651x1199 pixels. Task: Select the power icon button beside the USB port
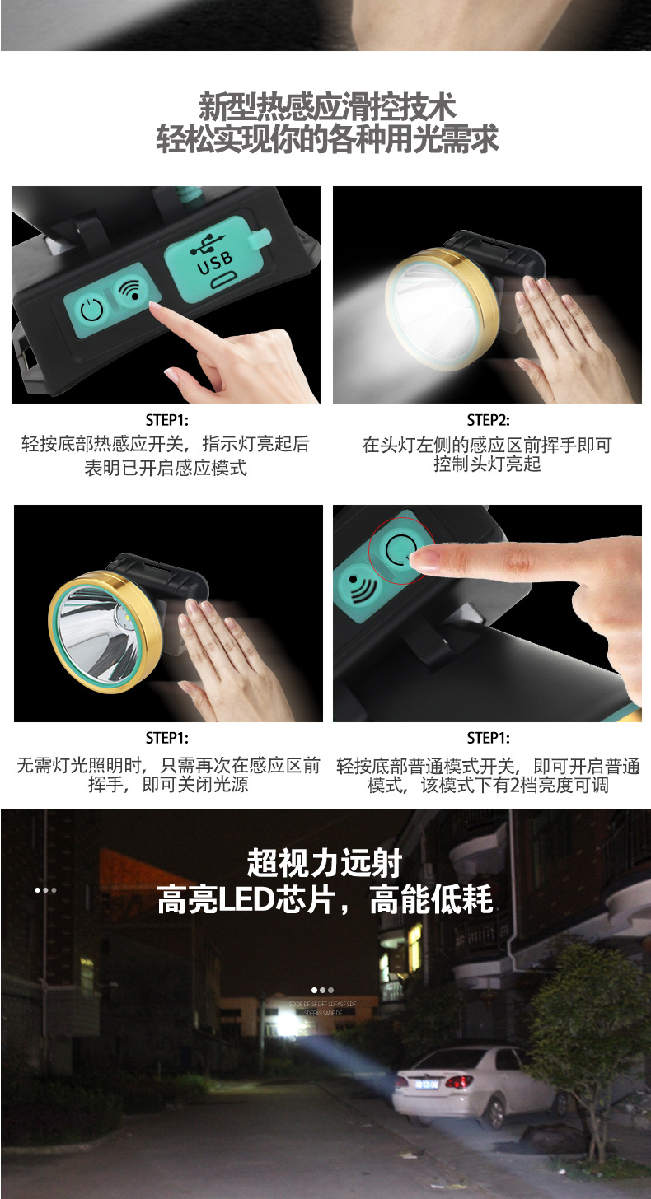92,310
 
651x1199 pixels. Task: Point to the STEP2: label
488,420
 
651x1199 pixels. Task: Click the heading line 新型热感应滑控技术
327,107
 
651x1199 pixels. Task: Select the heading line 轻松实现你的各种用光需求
327,139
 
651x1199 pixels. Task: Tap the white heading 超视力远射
325,864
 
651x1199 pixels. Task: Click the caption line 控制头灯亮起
487,464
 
